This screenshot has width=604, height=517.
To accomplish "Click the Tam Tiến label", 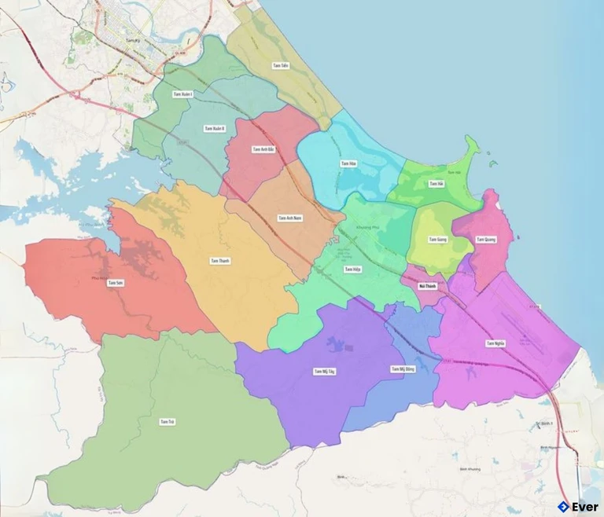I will (x=281, y=66).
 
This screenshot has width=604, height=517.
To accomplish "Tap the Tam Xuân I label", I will (x=183, y=94).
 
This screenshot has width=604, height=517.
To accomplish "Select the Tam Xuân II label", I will (x=214, y=128).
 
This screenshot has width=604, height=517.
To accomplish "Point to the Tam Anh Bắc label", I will (x=263, y=149).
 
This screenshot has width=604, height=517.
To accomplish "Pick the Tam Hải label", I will (x=436, y=183).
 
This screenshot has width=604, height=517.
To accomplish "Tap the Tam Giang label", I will (x=437, y=239).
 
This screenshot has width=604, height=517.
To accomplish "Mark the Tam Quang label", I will (x=485, y=239).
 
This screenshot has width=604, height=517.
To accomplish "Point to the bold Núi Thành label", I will (x=428, y=286).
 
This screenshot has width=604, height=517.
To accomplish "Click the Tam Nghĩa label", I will (x=495, y=343).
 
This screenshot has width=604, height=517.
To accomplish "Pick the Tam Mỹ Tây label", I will (x=324, y=371).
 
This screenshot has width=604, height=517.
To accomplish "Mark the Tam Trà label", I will (x=167, y=422).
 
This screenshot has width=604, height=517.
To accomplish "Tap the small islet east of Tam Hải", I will (x=492, y=164).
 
